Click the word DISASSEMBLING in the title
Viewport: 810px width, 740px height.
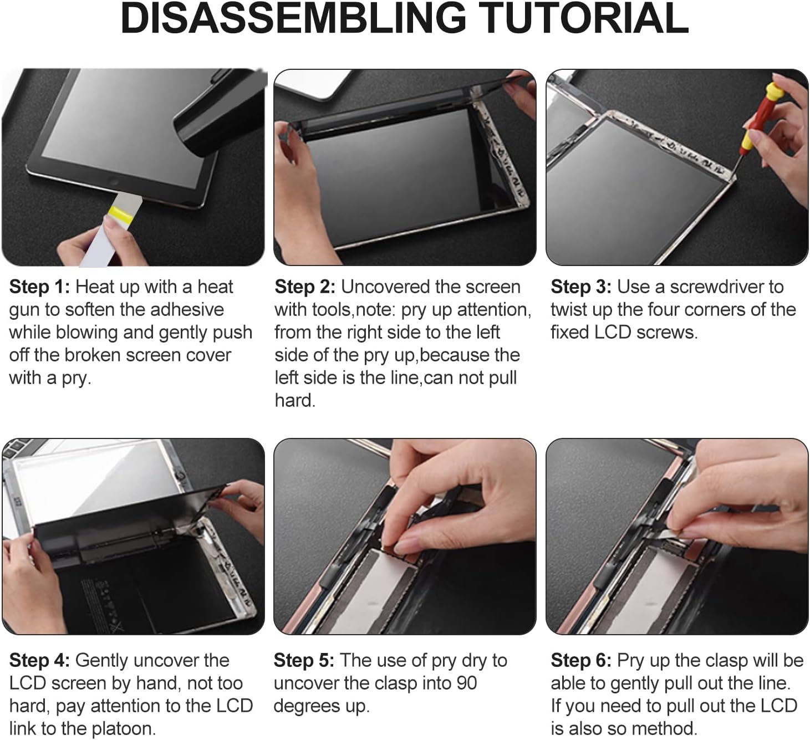(x=293, y=19)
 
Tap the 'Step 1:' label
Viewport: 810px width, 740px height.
(x=39, y=287)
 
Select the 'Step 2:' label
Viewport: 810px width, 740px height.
(x=305, y=287)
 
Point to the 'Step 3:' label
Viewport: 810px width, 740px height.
(x=580, y=287)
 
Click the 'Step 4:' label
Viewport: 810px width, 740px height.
(x=39, y=661)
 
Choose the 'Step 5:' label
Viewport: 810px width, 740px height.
(x=304, y=661)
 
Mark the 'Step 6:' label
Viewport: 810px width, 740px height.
(x=580, y=661)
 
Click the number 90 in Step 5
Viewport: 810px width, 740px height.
(x=467, y=683)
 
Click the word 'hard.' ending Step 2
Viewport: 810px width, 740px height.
(x=295, y=400)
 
